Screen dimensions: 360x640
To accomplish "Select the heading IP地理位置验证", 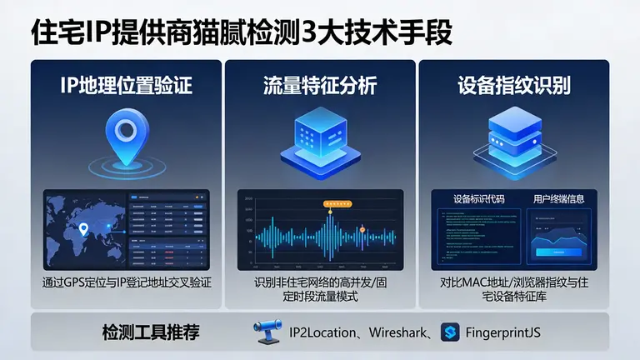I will [126, 85].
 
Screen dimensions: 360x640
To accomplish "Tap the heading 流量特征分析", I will [320, 85].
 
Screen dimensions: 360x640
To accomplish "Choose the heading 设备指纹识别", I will [513, 85].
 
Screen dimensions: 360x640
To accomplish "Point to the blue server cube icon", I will [320, 137].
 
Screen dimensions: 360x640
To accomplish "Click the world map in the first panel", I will [83, 229].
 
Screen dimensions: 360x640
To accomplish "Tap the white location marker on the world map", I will [83, 228].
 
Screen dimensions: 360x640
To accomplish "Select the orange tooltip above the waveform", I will [339, 202].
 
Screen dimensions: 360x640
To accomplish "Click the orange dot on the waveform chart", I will [362, 229].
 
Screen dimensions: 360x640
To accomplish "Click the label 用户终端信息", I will [557, 199].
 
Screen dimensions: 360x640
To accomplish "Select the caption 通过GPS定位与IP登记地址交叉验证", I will [126, 283].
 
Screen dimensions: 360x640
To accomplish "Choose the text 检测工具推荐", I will [150, 333].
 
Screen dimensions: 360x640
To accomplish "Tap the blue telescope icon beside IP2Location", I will [268, 333].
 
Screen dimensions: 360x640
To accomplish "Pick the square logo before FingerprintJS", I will [451, 333].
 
